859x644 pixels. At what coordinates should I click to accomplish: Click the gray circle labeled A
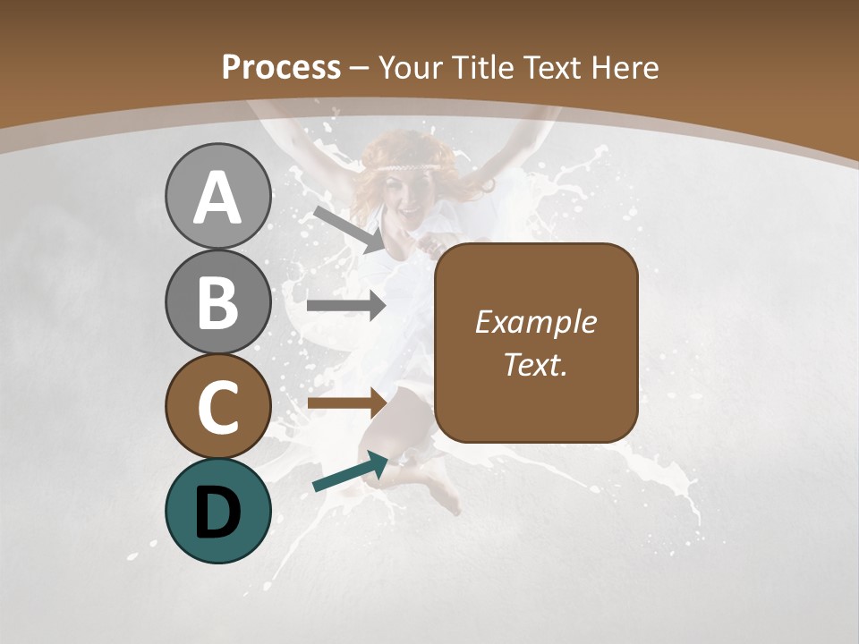(x=217, y=196)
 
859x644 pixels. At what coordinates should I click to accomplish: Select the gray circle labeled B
(x=217, y=301)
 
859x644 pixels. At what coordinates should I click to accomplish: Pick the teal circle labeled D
(x=217, y=511)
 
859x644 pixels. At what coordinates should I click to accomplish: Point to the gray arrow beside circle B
(x=346, y=306)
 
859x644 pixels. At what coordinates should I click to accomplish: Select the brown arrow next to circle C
(x=346, y=402)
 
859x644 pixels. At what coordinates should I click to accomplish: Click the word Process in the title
(x=281, y=67)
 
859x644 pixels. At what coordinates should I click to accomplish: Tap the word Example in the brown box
(x=535, y=322)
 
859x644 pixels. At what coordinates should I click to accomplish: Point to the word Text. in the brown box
(x=535, y=364)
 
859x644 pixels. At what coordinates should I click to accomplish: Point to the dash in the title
(x=360, y=68)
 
